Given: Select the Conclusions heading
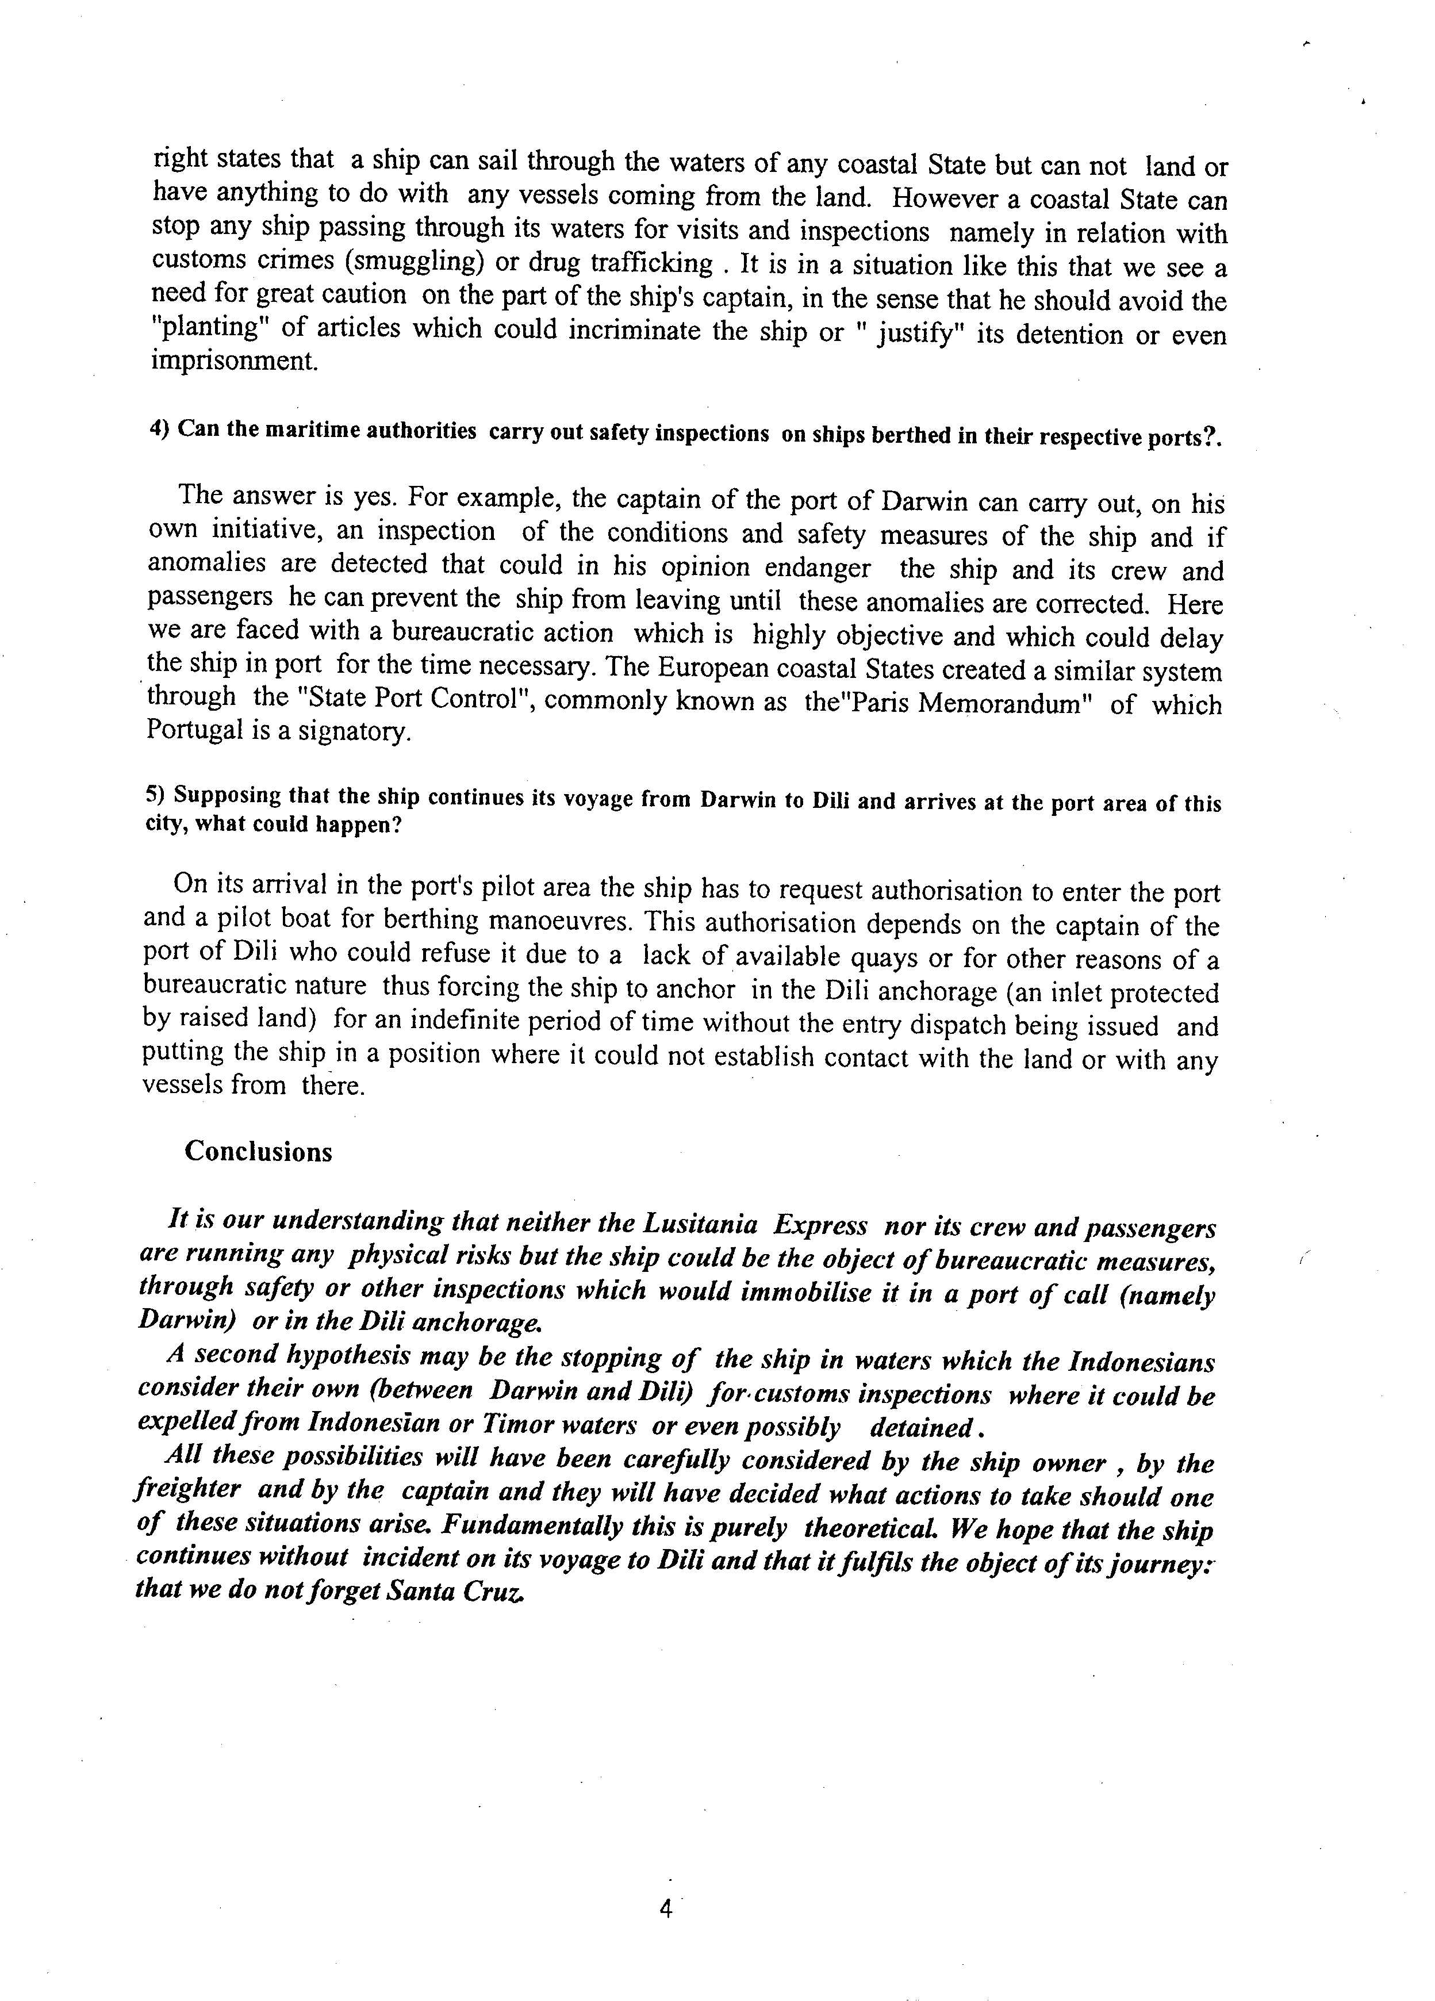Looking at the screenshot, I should [x=258, y=1152].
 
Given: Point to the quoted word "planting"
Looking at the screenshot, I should [x=206, y=328].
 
